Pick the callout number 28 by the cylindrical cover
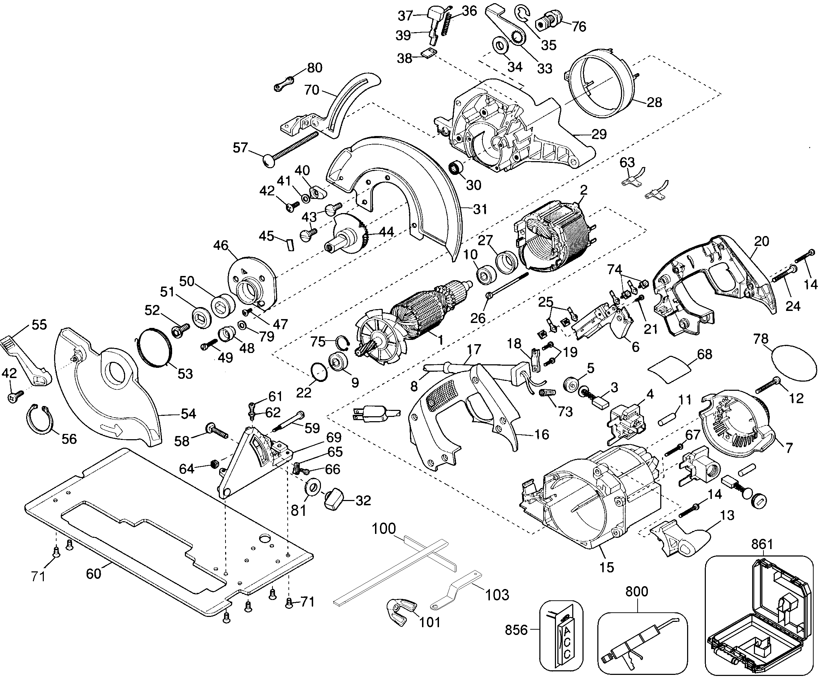pos(654,102)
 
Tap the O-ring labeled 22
pos(319,372)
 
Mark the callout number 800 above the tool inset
pos(637,591)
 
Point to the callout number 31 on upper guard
pos(480,210)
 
